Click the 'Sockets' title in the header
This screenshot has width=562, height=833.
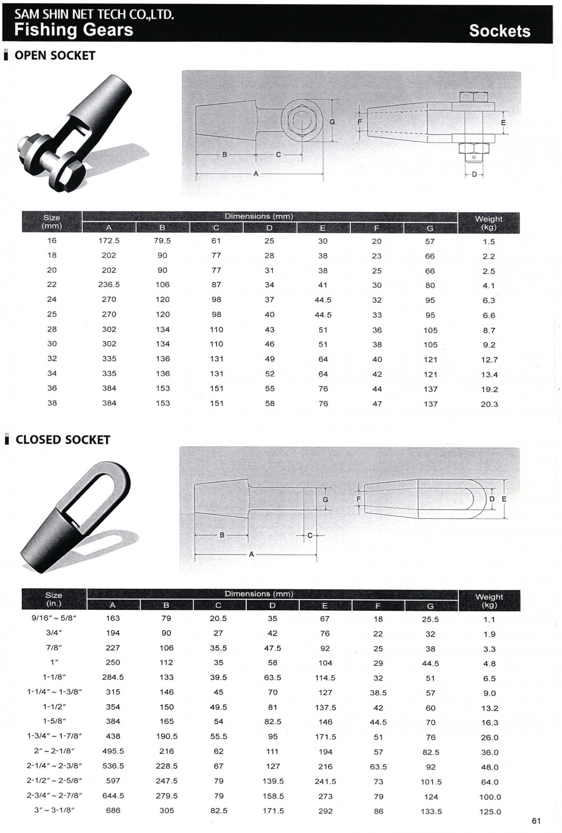(x=499, y=31)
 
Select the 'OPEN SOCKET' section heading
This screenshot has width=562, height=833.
(x=55, y=56)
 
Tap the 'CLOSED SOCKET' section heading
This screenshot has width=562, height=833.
(x=62, y=440)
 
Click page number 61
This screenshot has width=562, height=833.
(x=536, y=821)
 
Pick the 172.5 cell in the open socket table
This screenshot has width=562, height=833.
(x=109, y=241)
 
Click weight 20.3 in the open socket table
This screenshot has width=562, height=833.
(x=489, y=404)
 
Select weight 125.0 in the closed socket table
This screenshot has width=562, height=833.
(x=490, y=812)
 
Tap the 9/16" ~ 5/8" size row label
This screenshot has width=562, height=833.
(x=53, y=618)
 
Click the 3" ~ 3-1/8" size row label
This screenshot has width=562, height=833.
(x=53, y=811)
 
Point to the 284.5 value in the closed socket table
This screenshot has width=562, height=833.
(x=113, y=677)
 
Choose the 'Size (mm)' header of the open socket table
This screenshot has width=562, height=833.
(x=52, y=222)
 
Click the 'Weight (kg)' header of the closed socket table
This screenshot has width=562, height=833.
(x=489, y=601)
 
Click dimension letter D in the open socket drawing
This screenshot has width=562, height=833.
(x=474, y=174)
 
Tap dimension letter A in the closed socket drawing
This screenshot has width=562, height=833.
(x=251, y=554)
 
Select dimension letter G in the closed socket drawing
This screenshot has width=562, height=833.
(x=325, y=499)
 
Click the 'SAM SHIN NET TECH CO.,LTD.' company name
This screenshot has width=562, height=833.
(x=94, y=14)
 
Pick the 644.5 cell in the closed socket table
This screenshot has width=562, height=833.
(x=113, y=796)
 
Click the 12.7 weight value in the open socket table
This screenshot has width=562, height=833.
(x=489, y=360)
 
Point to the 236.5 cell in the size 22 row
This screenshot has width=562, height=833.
(x=109, y=284)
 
